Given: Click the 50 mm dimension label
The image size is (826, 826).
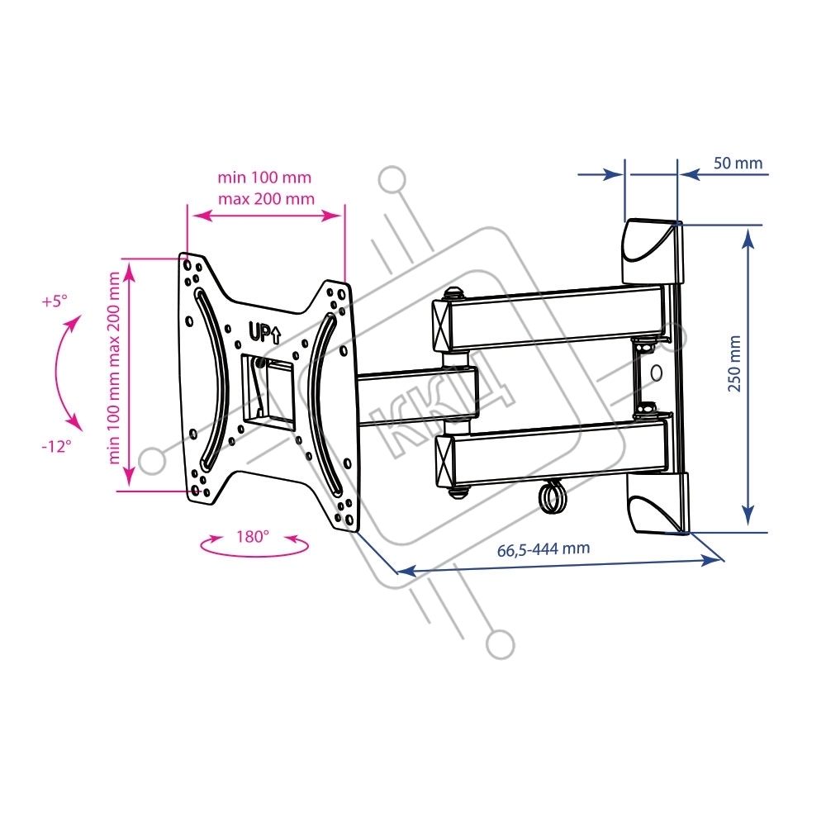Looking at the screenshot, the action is pyautogui.click(x=738, y=163).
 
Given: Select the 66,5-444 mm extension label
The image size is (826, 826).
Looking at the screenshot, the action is pyautogui.click(x=544, y=549).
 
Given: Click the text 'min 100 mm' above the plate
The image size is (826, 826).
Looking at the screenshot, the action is pyautogui.click(x=264, y=177).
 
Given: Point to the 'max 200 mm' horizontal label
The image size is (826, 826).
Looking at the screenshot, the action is pyautogui.click(x=266, y=198).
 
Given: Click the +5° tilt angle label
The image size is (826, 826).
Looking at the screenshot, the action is pyautogui.click(x=55, y=301).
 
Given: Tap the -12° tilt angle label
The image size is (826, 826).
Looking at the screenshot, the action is pyautogui.click(x=56, y=446).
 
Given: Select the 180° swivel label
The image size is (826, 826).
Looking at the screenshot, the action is pyautogui.click(x=252, y=536).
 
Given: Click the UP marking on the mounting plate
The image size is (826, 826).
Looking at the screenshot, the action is pyautogui.click(x=264, y=334).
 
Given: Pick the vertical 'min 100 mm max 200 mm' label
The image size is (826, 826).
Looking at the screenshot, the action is pyautogui.click(x=114, y=368).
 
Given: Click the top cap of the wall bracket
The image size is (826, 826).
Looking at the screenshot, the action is pyautogui.click(x=653, y=252).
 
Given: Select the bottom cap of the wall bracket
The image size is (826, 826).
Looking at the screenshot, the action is pyautogui.click(x=658, y=504).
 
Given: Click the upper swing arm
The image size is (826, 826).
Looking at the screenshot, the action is pyautogui.click(x=548, y=319).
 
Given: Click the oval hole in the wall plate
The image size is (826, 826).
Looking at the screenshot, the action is pyautogui.click(x=657, y=373).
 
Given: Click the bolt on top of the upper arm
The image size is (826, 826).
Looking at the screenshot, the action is pyautogui.click(x=453, y=293).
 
